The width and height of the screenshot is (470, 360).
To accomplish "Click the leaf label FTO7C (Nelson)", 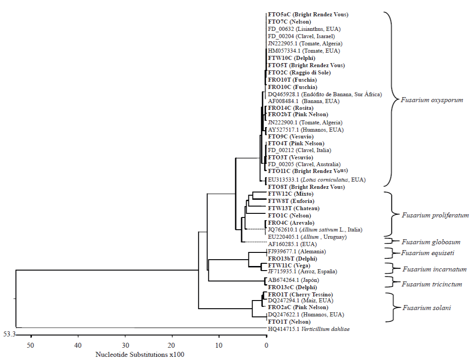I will (289, 22).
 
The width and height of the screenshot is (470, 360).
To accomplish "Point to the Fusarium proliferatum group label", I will (435, 215).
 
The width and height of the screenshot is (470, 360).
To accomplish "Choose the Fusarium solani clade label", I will (426, 308).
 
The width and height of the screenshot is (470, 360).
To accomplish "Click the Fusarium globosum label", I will (431, 242).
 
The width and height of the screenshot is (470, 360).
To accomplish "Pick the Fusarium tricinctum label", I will (432, 284).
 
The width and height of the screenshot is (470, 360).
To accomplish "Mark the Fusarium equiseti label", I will (428, 253).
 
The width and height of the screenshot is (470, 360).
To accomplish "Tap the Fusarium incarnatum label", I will (434, 269).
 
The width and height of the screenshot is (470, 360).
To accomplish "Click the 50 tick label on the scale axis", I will (31, 346).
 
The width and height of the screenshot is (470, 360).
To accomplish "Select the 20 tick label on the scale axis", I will (172, 346).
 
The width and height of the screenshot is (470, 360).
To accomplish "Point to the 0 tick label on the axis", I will (267, 346).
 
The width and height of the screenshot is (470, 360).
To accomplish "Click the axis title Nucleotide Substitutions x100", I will (140, 355).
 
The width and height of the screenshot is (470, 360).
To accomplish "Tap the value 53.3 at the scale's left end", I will (10, 335).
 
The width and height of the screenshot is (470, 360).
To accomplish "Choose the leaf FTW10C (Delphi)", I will (292, 58).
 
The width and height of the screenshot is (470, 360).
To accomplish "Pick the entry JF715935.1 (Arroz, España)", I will (302, 271).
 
